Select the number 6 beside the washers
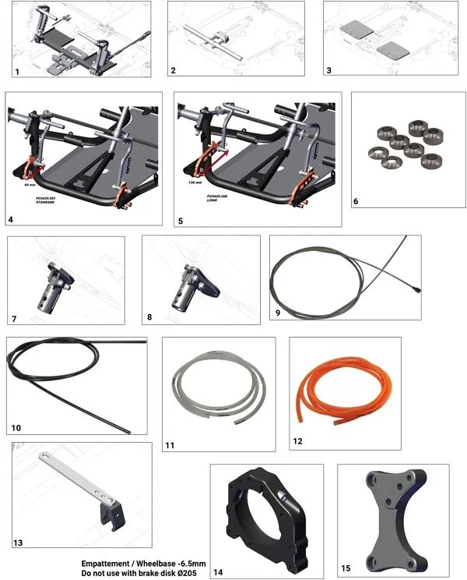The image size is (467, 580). coord(356,201)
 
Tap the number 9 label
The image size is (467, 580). coord(278,313)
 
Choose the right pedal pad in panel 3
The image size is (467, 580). coord(391,48)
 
